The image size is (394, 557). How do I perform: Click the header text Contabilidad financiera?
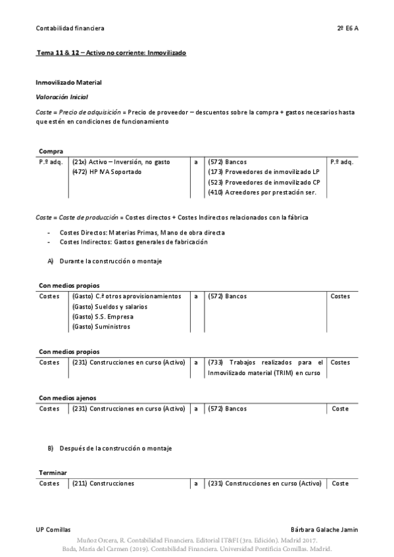(70, 28)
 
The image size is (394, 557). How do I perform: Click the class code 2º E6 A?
(347, 28)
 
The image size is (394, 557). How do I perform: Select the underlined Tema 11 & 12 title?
(111, 52)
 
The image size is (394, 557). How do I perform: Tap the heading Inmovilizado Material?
(68, 83)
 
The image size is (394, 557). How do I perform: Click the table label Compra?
(51, 151)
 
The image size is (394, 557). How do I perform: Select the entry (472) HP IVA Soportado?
(109, 171)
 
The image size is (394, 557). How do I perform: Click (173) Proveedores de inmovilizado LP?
(264, 171)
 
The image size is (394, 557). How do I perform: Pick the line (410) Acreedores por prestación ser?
(262, 192)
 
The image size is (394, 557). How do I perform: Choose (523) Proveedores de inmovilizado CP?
(264, 182)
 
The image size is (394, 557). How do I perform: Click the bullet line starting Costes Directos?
(141, 233)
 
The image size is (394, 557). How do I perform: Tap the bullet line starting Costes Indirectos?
(134, 242)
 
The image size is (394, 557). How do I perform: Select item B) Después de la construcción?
(109, 448)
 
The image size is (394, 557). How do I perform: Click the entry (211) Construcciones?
(103, 483)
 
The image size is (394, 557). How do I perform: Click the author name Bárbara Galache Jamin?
(324, 529)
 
